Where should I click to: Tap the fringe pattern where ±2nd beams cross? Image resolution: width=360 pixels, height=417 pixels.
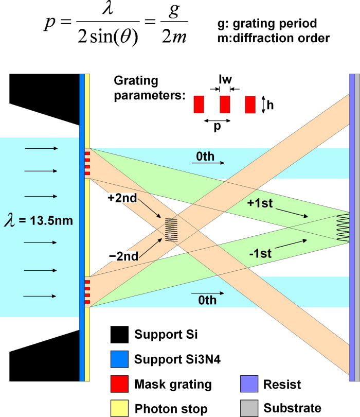(171, 230)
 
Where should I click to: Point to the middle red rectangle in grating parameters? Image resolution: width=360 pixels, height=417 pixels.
(224, 105)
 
